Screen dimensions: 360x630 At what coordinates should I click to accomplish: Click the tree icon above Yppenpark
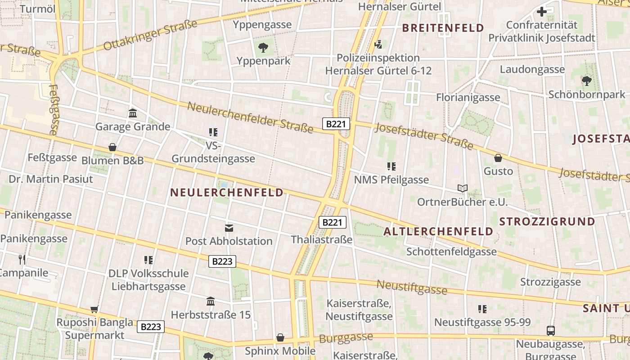pos(263,47)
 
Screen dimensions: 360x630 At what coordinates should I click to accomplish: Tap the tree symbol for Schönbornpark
pos(586,81)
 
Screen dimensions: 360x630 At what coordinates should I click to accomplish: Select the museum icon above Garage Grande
pos(133,113)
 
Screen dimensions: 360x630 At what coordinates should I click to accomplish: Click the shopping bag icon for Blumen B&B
pos(112,147)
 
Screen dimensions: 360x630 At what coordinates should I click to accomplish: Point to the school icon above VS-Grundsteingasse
pos(213,132)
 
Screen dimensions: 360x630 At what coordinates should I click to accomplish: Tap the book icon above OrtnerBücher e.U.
pos(462,188)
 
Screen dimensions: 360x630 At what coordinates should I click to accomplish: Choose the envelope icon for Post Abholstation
pos(229,228)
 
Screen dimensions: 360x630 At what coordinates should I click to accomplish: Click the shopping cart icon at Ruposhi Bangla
pos(94,309)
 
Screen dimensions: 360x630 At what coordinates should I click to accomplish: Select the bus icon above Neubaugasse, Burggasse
pos(550,331)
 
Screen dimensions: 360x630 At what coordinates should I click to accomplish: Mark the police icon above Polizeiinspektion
pos(378,44)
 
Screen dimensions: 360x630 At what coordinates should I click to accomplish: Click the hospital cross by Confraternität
pos(542,12)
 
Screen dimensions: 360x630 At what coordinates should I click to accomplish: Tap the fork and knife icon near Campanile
pos(22,259)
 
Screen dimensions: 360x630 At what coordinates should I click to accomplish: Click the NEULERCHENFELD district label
pos(227,193)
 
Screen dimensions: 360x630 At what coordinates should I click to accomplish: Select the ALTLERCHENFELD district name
pos(438,232)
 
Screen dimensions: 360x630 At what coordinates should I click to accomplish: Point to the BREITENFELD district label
pos(443,28)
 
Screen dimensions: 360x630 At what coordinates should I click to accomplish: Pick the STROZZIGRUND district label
pos(547,221)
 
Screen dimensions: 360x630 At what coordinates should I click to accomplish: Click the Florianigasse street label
pos(468,97)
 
